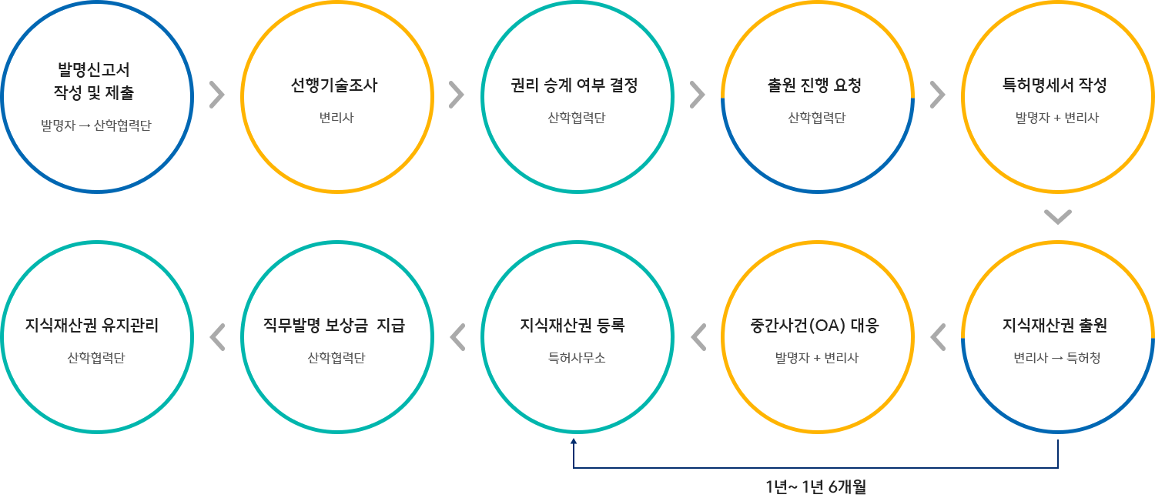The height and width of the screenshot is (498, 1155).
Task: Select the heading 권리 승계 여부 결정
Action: pyautogui.click(x=574, y=86)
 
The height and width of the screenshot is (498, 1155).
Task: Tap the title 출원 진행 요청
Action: pyautogui.click(x=816, y=86)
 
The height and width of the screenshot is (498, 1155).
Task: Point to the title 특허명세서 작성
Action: pyautogui.click(x=1056, y=86)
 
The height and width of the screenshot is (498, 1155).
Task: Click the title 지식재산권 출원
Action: pyautogui.click(x=1056, y=326)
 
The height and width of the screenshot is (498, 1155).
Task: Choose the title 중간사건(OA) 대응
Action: pyautogui.click(x=816, y=326)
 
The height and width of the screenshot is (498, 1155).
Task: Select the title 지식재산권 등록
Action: pyautogui.click(x=574, y=326)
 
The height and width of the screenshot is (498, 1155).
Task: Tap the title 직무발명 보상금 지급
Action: pyautogui.click(x=334, y=326)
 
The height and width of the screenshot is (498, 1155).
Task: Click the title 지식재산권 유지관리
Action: pyautogui.click(x=94, y=326)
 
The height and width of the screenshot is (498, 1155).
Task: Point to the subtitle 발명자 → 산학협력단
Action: pyautogui.click(x=96, y=125)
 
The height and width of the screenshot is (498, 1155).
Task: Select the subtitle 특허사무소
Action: pyautogui.click(x=574, y=358)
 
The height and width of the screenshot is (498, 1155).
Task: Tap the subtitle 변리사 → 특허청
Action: pyautogui.click(x=1056, y=358)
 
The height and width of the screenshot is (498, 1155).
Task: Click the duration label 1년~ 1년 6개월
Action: pyautogui.click(x=816, y=486)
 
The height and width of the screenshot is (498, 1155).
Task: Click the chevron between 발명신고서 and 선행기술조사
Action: pyautogui.click(x=216, y=95)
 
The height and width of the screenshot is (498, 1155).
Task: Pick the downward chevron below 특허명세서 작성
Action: pyautogui.click(x=1058, y=218)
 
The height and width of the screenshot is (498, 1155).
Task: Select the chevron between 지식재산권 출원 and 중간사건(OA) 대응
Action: pyautogui.click(x=938, y=336)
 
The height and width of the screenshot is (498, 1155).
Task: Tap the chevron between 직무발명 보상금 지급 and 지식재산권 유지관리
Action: pyautogui.click(x=217, y=336)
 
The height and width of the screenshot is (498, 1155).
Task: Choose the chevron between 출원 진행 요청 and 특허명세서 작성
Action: pyautogui.click(x=937, y=95)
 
